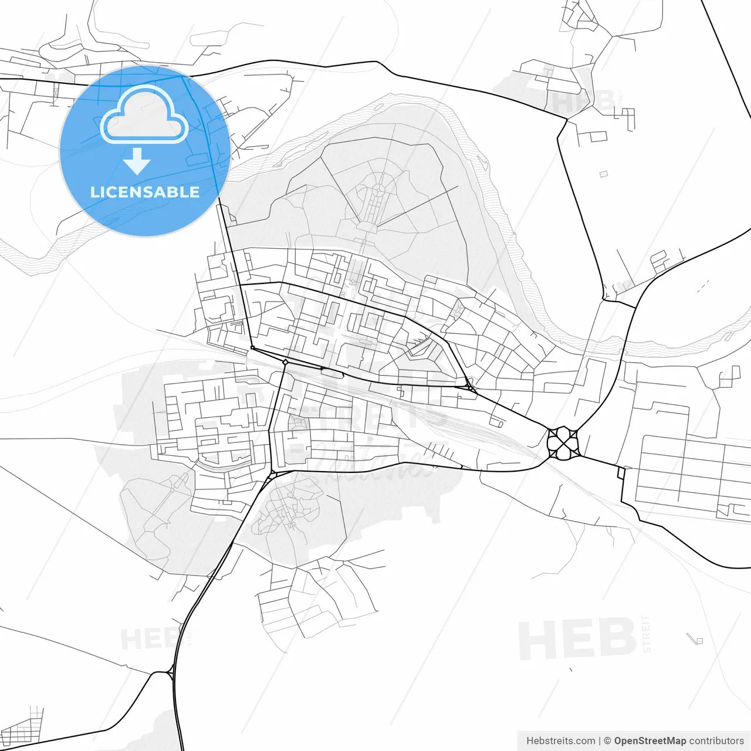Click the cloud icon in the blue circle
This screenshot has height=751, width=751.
coord(144,115)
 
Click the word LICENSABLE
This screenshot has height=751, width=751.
coord(145,192)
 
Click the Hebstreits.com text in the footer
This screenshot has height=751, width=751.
coord(560,741)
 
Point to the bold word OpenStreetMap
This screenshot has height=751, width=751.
coord(650,741)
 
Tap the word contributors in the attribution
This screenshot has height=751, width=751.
coord(716,741)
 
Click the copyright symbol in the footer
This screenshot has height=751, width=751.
coord(608,741)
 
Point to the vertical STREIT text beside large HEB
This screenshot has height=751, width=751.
coord(647,634)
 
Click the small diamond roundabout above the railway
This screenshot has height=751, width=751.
coord(285,362)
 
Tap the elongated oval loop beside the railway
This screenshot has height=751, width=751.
coord(331,373)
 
